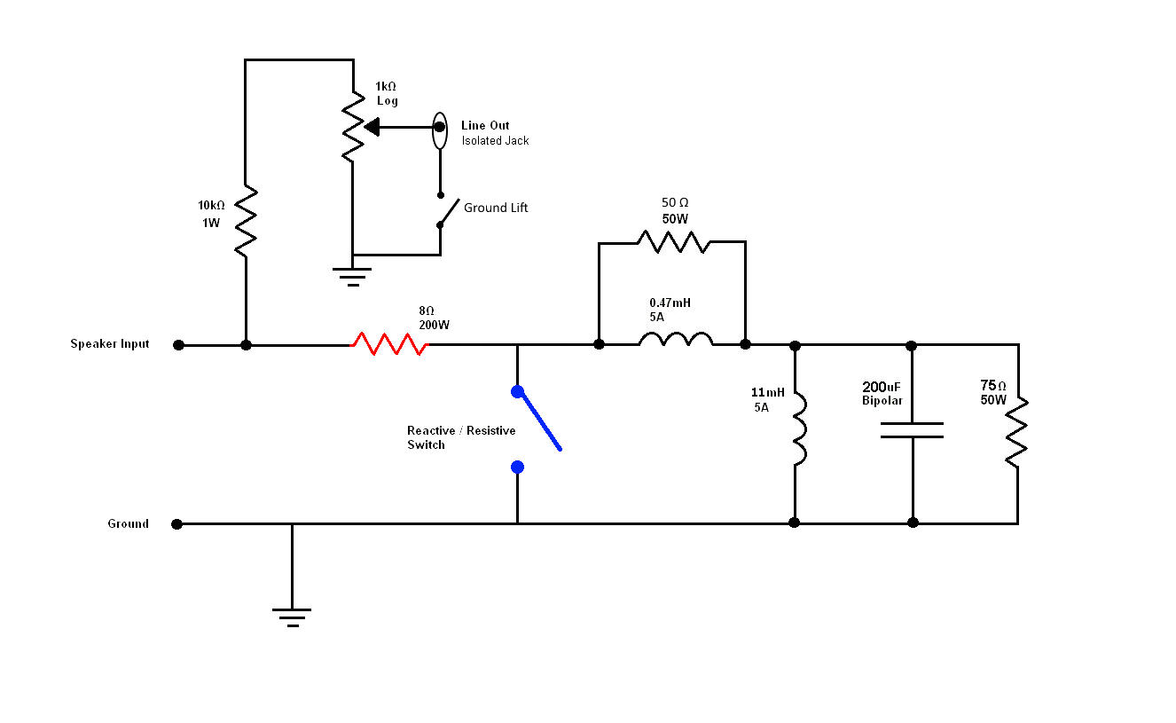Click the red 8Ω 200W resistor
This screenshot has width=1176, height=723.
[389, 344]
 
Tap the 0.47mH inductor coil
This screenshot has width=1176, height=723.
[675, 340]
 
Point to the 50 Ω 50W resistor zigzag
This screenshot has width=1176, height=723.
[673, 241]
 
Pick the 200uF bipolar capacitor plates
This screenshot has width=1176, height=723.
[912, 430]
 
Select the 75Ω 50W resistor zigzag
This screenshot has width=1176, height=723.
[1017, 432]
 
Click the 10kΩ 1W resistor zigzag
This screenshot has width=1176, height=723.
[246, 222]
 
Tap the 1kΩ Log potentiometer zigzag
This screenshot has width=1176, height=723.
[353, 128]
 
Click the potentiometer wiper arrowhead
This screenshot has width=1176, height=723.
[372, 127]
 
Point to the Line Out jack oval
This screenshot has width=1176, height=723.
[439, 130]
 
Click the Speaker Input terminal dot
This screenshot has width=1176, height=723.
[178, 345]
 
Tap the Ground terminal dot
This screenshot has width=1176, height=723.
[177, 524]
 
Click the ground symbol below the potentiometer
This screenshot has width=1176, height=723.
[353, 276]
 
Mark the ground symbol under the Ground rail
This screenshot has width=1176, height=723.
[293, 617]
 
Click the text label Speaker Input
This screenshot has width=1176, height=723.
[110, 344]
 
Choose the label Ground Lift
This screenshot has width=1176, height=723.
[496, 208]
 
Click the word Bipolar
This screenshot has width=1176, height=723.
[882, 401]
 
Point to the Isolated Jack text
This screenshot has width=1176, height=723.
[495, 141]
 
